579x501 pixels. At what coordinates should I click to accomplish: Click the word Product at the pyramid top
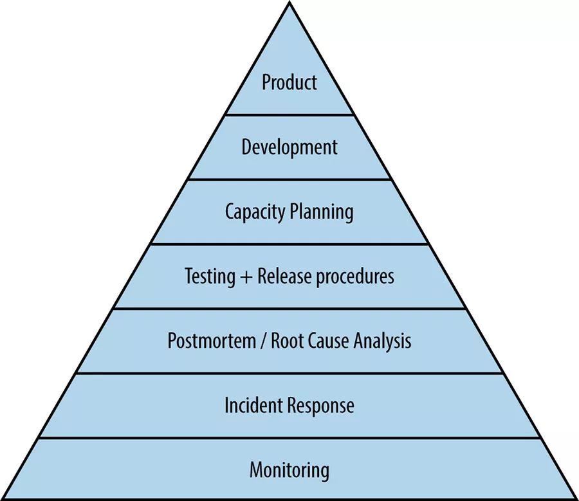click(x=289, y=82)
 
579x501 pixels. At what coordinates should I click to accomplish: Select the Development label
click(x=289, y=147)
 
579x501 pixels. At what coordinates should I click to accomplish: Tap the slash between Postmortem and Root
click(x=261, y=342)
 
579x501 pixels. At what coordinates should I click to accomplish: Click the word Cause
click(x=329, y=341)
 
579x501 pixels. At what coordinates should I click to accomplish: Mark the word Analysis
click(x=382, y=341)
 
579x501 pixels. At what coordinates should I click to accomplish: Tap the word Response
click(x=321, y=406)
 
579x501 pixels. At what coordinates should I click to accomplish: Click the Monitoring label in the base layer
click(x=289, y=470)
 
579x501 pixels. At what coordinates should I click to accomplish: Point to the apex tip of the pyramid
click(x=289, y=4)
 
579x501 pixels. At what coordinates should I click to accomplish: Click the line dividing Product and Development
click(x=289, y=115)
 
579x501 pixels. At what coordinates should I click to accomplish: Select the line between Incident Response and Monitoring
click(x=289, y=438)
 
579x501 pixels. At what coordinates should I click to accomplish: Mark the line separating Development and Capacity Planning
click(x=289, y=179)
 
